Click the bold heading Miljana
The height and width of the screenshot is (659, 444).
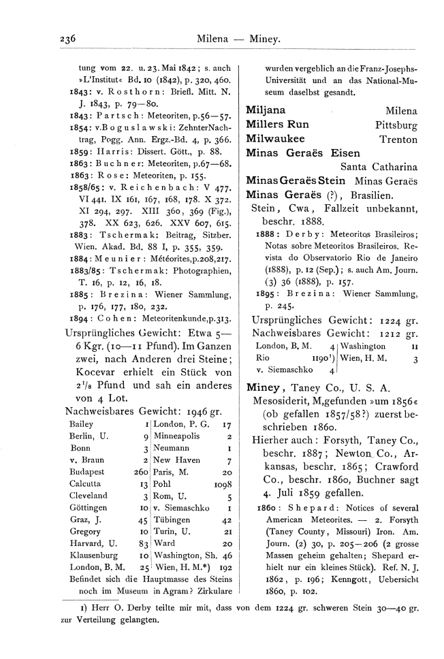coord(266,110)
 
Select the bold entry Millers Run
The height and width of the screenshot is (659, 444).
coord(277,125)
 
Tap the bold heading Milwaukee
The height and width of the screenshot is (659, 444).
coord(273,139)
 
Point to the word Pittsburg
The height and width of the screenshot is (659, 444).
coord(396,125)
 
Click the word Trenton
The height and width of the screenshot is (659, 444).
coord(398,140)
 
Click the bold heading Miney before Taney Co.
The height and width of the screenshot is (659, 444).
coord(263,387)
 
